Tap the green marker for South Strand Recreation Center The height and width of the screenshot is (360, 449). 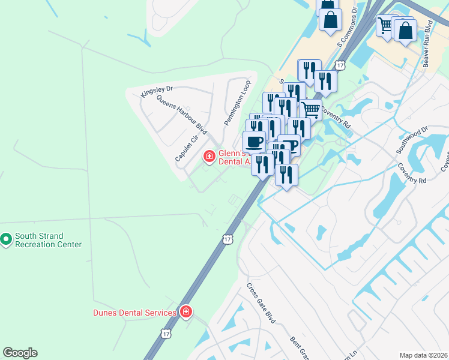6,239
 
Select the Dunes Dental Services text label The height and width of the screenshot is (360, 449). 135,313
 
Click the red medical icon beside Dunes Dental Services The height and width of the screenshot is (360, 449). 186,312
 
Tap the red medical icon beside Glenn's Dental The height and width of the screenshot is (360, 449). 209,157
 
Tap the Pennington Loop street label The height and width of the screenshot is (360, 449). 237,102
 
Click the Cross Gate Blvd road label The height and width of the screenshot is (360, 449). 261,303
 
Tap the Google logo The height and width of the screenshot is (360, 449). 20,353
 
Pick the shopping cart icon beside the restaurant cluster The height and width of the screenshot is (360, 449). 310,109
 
